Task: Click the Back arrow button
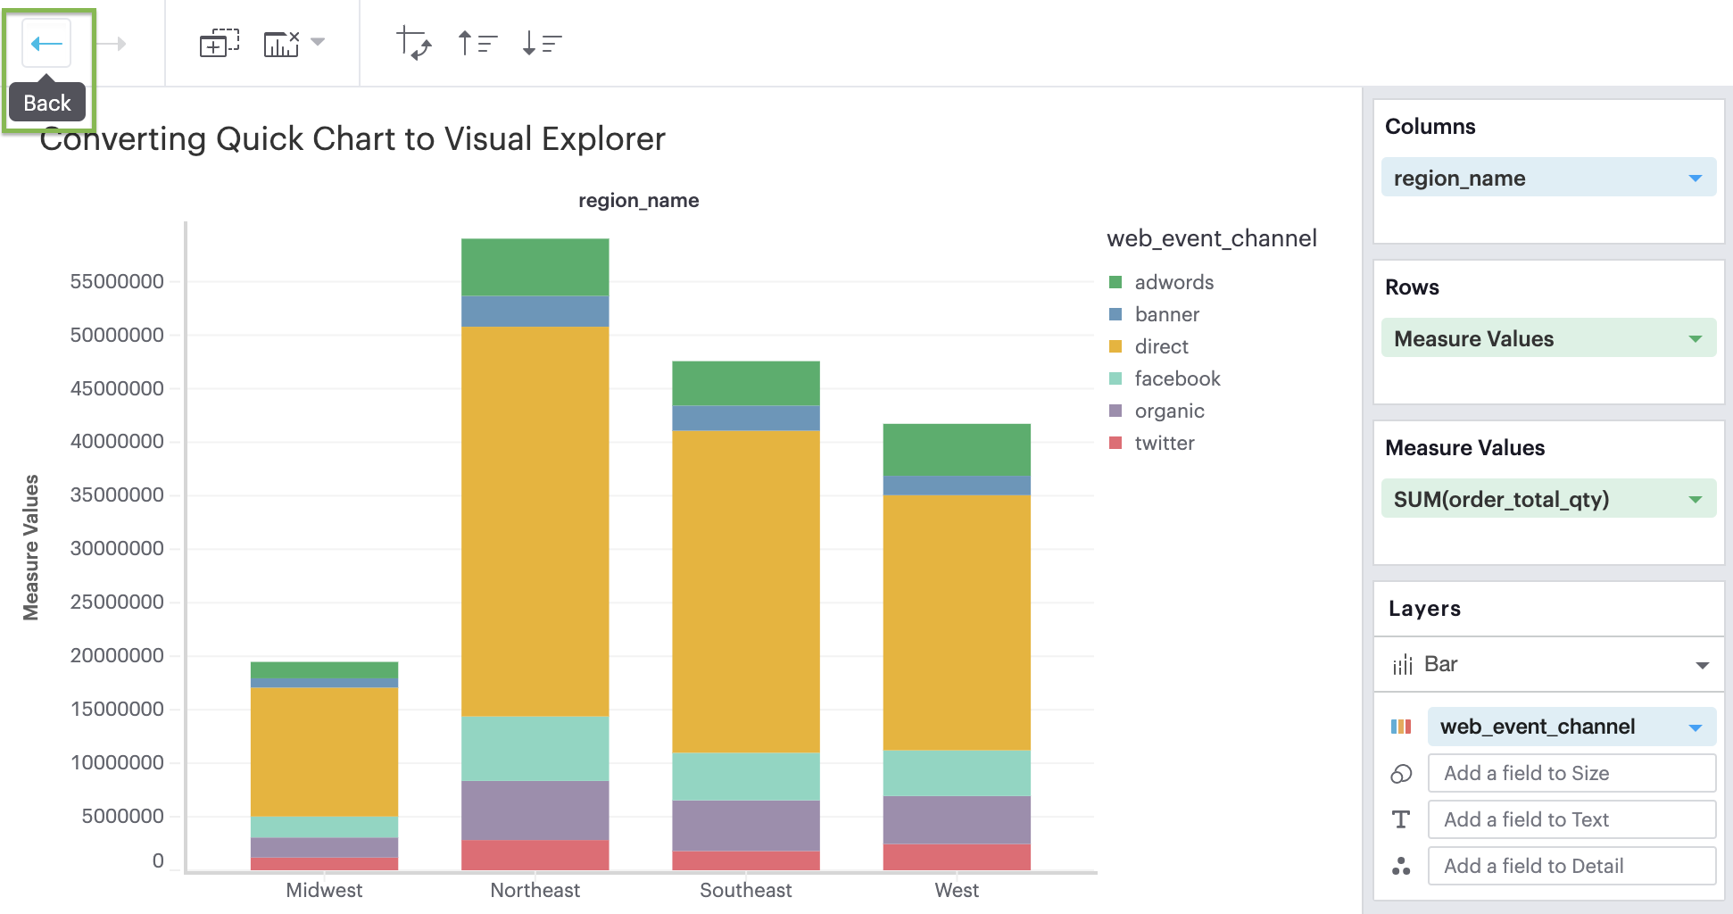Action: coord(46,43)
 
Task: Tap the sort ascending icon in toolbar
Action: coord(477,43)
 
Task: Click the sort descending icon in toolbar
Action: coord(541,43)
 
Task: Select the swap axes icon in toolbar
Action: coord(413,43)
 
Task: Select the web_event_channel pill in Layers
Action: coord(1570,727)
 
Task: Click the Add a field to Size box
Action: coord(1571,773)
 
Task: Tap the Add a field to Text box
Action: coord(1571,819)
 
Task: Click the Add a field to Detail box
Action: coord(1571,866)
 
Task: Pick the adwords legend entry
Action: coord(1173,282)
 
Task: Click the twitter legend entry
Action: coord(1164,443)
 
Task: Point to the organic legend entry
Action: coord(1169,411)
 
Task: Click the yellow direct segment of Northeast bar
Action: coord(535,520)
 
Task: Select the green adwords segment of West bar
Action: coord(956,449)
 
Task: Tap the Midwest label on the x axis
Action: coord(324,890)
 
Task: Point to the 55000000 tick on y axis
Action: coord(117,281)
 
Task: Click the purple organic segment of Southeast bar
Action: coord(745,825)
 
